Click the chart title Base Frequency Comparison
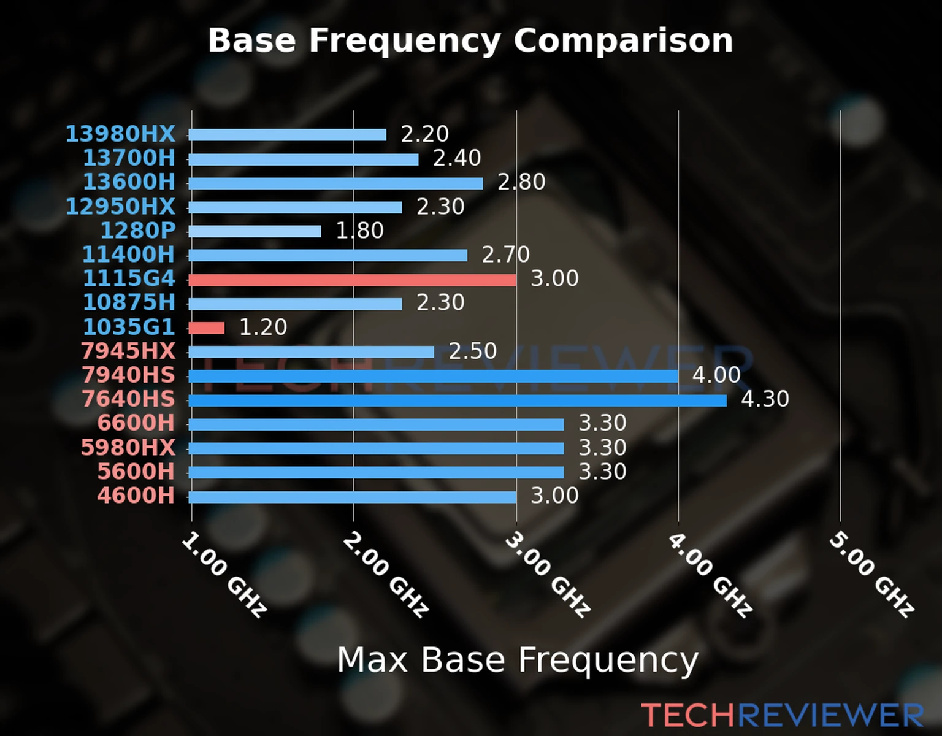pyautogui.click(x=470, y=40)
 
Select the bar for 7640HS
pyautogui.click(x=457, y=401)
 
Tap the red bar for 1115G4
pyautogui.click(x=352, y=280)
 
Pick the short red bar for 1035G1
pyautogui.click(x=207, y=328)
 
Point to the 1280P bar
pyautogui.click(x=255, y=231)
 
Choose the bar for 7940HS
pyautogui.click(x=433, y=376)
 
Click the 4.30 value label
pyautogui.click(x=765, y=399)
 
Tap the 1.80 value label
pyautogui.click(x=359, y=231)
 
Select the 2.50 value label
pyautogui.click(x=472, y=351)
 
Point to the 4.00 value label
pyautogui.click(x=716, y=375)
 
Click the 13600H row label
pyautogui.click(x=129, y=182)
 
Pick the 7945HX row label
pyautogui.click(x=128, y=351)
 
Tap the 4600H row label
pyautogui.click(x=136, y=496)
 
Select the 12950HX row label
pyautogui.click(x=120, y=207)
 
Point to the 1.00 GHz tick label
pyautogui.click(x=224, y=575)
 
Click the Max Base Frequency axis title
pyautogui.click(x=518, y=660)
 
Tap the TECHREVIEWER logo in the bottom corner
pyautogui.click(x=782, y=715)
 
